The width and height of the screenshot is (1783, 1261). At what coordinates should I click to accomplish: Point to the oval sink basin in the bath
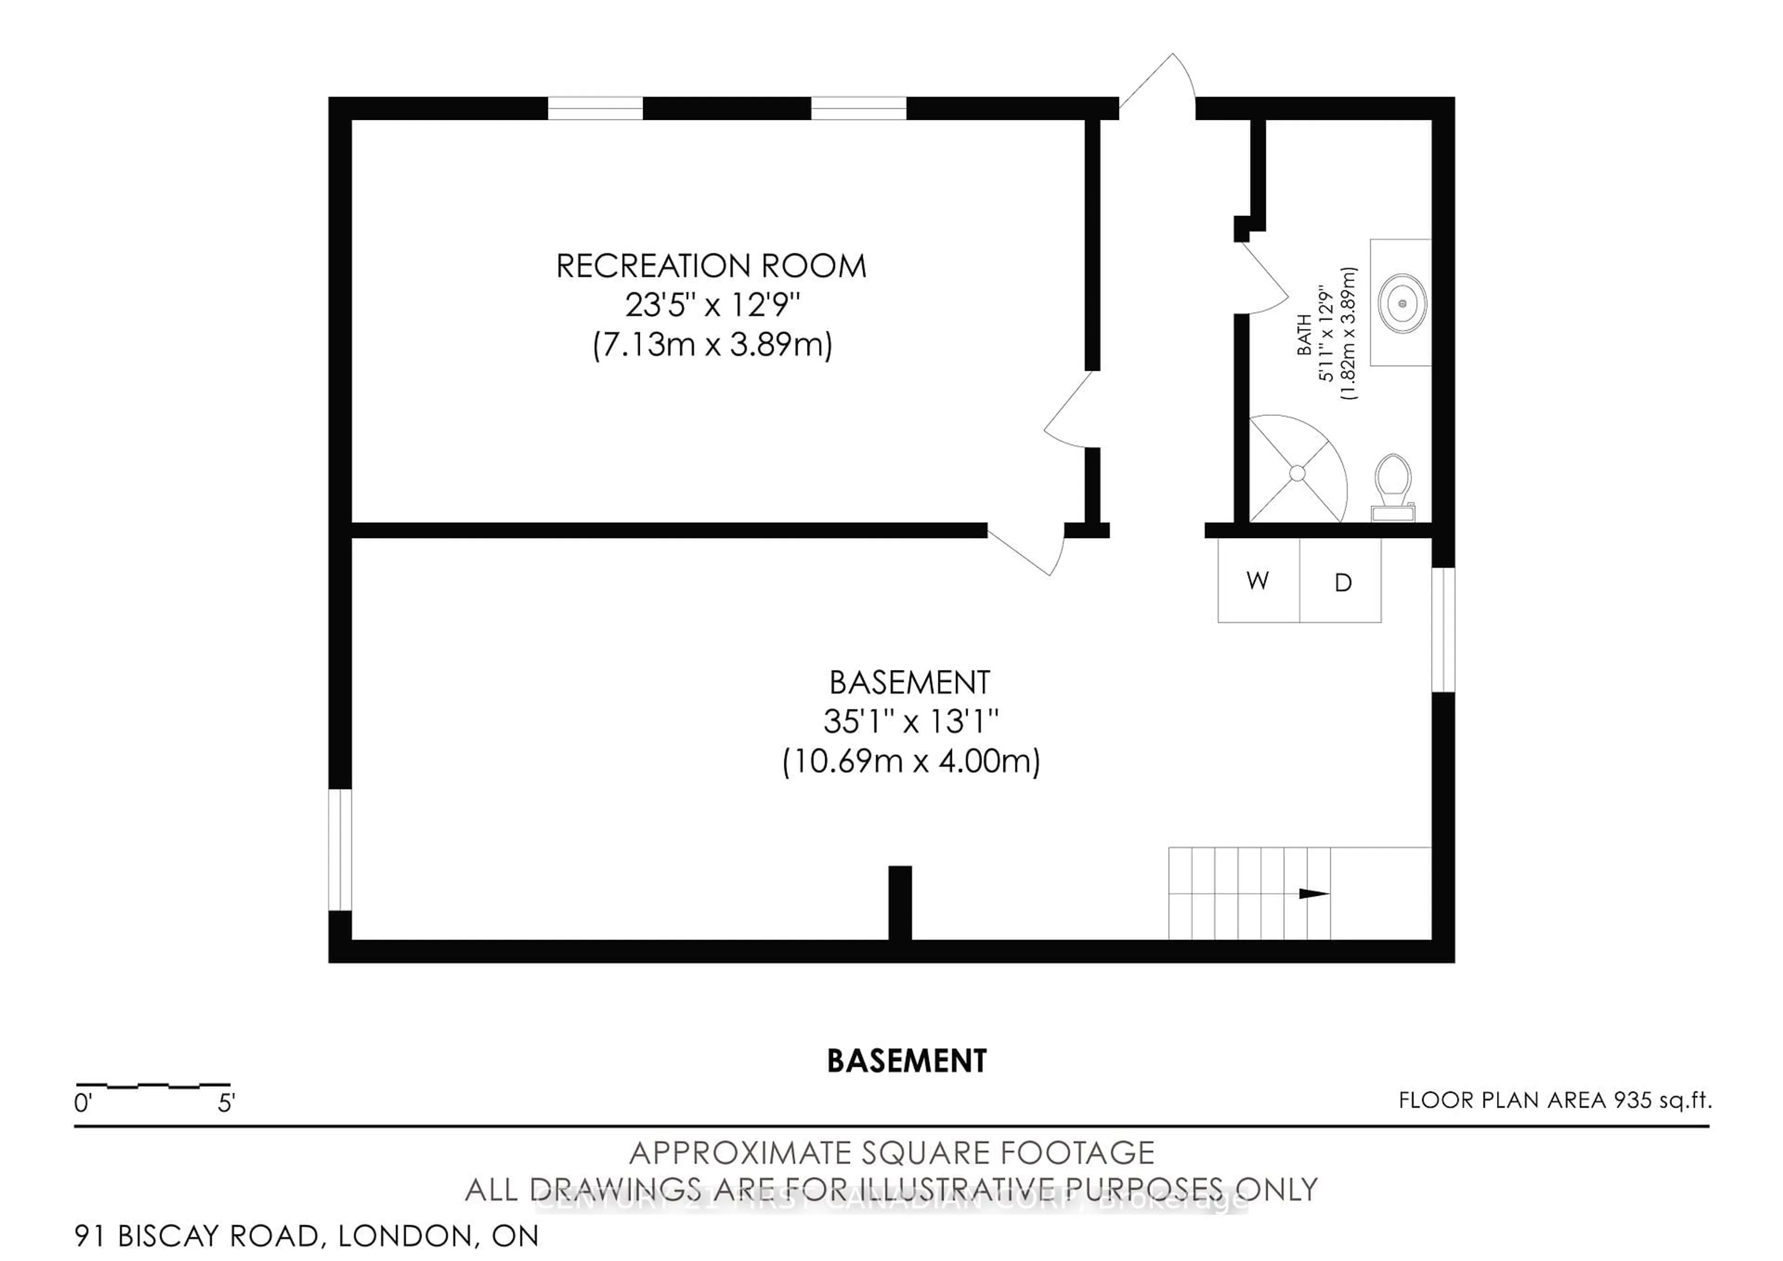pyautogui.click(x=1402, y=303)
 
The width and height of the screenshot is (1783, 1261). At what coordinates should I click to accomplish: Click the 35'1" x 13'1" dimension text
pyautogui.click(x=910, y=722)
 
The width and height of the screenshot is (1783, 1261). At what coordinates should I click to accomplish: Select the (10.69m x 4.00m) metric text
pyautogui.click(x=910, y=761)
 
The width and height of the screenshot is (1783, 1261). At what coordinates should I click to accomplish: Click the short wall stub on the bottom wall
pyautogui.click(x=899, y=903)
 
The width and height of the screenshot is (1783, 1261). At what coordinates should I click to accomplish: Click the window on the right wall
pyautogui.click(x=1442, y=629)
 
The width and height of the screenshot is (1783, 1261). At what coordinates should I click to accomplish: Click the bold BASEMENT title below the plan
pyautogui.click(x=906, y=1061)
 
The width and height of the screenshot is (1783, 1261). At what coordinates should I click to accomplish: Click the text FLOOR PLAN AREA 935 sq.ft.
pyautogui.click(x=1555, y=1100)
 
